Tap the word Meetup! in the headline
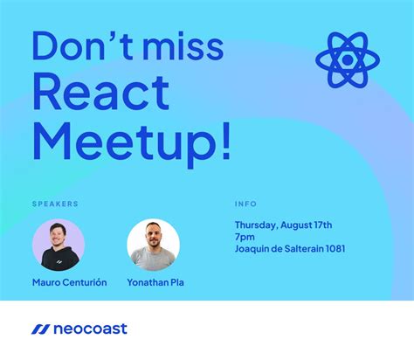click(x=132, y=141)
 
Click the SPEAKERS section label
click(x=55, y=204)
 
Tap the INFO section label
click(x=245, y=204)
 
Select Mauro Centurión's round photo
click(x=59, y=245)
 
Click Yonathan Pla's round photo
click(x=153, y=245)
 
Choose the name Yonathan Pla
click(x=155, y=282)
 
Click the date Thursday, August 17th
click(x=283, y=224)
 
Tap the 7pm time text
click(x=245, y=236)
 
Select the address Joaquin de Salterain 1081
click(x=289, y=248)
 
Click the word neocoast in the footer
click(x=91, y=329)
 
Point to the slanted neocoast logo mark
click(x=39, y=329)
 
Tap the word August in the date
click(x=300, y=224)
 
